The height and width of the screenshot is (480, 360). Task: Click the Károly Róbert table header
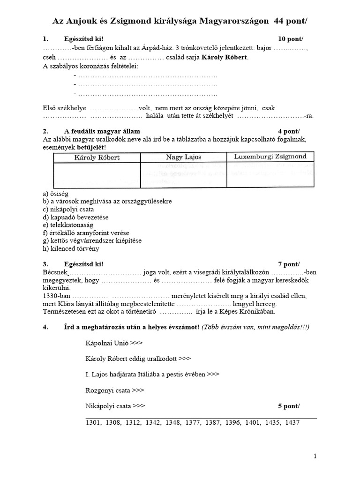(97, 157)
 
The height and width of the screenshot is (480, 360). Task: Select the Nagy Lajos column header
(183, 157)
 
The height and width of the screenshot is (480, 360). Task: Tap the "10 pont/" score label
(287, 39)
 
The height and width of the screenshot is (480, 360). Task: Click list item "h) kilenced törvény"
(71, 249)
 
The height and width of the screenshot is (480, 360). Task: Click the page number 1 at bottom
(315, 456)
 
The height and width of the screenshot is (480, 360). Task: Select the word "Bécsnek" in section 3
(55, 273)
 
